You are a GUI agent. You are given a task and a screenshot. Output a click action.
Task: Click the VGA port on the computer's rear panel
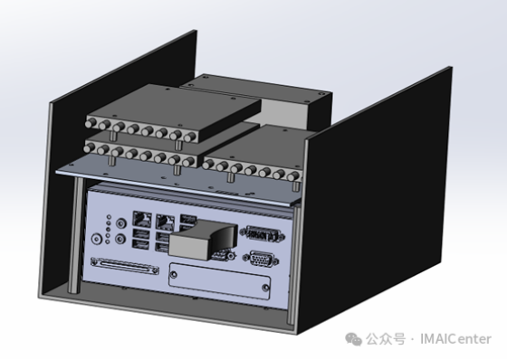[261, 260]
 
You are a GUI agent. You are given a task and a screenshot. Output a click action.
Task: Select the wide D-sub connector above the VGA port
[263, 233]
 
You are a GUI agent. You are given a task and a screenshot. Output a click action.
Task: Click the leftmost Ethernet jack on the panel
[142, 220]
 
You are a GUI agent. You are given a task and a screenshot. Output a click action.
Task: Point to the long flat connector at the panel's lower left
[125, 266]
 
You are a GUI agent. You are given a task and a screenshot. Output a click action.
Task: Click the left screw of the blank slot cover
[174, 275]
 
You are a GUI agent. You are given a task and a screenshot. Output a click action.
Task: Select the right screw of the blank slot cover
[265, 287]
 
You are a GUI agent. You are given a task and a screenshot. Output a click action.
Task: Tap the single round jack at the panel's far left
[97, 239]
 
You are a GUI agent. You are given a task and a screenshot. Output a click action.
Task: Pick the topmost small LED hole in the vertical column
[109, 217]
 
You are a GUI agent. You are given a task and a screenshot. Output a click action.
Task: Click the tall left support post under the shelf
[74, 235]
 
